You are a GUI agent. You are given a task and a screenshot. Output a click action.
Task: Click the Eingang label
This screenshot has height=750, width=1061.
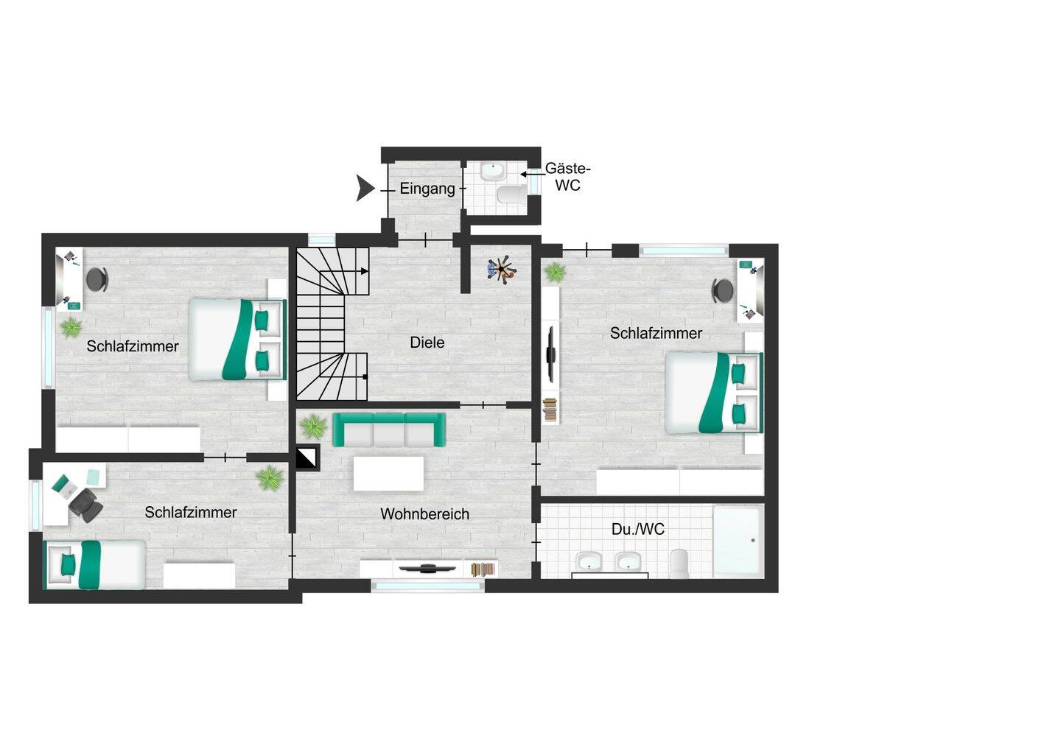(x=427, y=189)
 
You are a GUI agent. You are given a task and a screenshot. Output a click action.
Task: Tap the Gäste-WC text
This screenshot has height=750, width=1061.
(x=567, y=177)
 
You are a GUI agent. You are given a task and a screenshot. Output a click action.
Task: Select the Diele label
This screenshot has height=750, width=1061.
(x=427, y=343)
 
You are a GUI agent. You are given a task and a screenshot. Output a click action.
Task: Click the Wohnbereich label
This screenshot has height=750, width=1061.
(x=424, y=514)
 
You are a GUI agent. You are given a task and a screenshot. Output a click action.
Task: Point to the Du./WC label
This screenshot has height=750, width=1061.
(x=637, y=530)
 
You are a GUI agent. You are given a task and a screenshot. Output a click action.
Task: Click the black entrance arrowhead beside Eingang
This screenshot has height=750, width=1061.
(x=365, y=188)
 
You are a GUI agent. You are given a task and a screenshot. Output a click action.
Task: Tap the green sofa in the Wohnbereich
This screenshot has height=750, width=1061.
(x=388, y=430)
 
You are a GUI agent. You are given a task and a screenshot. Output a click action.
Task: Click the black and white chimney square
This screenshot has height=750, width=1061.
(x=307, y=457)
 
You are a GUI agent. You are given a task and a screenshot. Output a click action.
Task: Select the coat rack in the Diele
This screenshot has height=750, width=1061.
(x=501, y=270)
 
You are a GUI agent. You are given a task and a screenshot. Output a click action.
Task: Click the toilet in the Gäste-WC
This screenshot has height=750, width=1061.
(x=512, y=194)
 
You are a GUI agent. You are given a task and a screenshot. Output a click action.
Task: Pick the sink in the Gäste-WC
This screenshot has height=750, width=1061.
(x=494, y=172)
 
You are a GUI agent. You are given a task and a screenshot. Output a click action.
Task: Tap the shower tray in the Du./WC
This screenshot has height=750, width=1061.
(x=738, y=540)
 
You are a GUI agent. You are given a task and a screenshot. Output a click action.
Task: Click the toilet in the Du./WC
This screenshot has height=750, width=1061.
(x=679, y=564)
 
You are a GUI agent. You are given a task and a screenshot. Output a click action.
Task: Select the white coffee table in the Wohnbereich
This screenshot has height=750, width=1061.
(x=388, y=474)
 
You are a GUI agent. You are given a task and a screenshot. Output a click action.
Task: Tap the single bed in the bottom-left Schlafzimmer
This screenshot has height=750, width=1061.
(x=94, y=564)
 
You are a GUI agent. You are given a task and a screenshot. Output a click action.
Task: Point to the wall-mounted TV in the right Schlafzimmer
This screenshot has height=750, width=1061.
(x=550, y=354)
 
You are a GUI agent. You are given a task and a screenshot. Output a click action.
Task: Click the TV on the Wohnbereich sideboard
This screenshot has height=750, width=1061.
(x=427, y=568)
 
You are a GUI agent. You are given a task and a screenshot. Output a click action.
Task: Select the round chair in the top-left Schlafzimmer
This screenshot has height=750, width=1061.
(x=97, y=279)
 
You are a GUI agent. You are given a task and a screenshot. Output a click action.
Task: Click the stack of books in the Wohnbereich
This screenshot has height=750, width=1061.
(x=483, y=569)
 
